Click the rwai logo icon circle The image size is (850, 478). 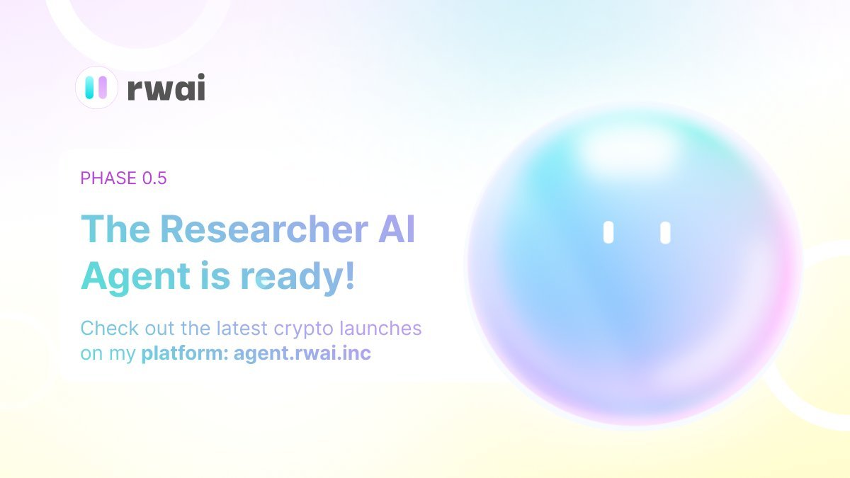(x=96, y=87)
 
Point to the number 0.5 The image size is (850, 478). (x=154, y=178)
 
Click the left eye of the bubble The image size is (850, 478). (x=608, y=233)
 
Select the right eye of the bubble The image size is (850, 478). (x=665, y=233)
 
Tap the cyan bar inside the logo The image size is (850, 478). (x=90, y=87)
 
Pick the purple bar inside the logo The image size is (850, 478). (x=103, y=87)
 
